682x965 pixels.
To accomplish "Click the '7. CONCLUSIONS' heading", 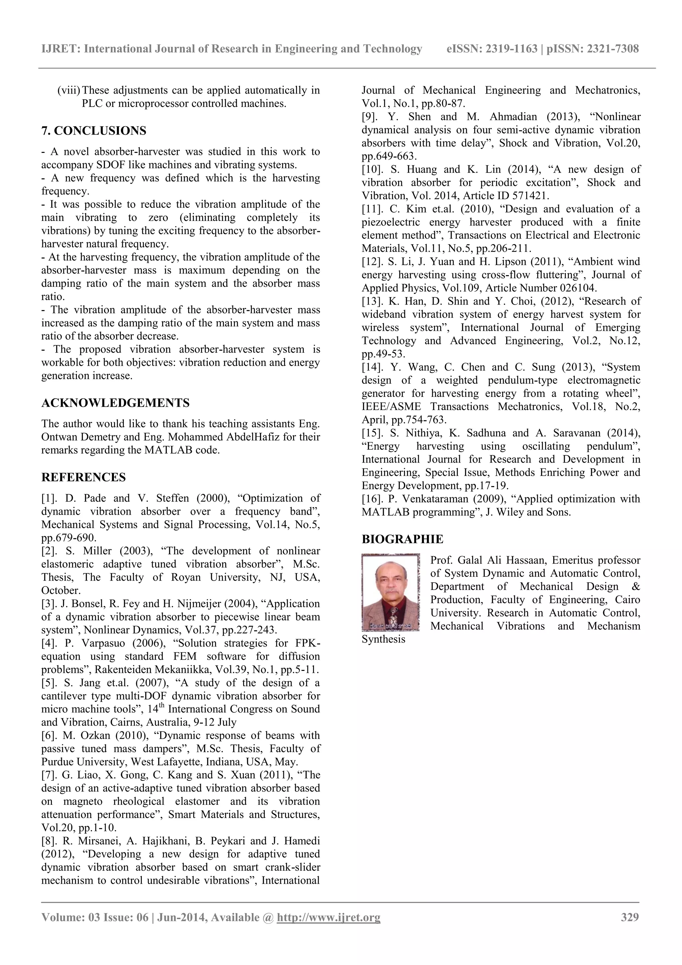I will click(94, 131).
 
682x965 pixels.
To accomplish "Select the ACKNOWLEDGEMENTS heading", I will click(115, 403).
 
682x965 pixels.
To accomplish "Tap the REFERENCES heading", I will click(83, 477).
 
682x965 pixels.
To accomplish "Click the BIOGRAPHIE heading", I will click(402, 539).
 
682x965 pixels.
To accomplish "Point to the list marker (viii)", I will click(69, 90).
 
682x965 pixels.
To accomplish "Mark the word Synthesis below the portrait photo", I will click(383, 639).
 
